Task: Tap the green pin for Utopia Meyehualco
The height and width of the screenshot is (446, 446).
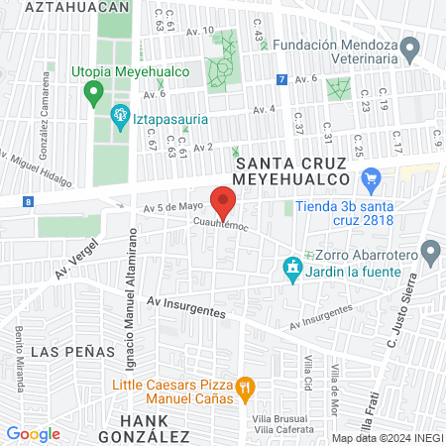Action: click(94, 94)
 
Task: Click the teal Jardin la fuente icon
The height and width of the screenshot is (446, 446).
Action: click(292, 269)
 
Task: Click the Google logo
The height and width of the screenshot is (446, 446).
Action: click(33, 433)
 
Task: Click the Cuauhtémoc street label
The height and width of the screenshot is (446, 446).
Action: click(221, 225)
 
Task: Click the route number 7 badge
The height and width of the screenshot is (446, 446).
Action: click(282, 79)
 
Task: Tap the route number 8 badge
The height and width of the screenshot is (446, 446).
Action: click(28, 201)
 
